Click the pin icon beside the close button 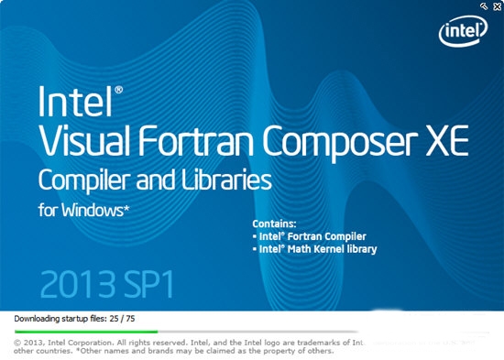pos(483,6)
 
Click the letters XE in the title pos(444,140)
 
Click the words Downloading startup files pos(55,318)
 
